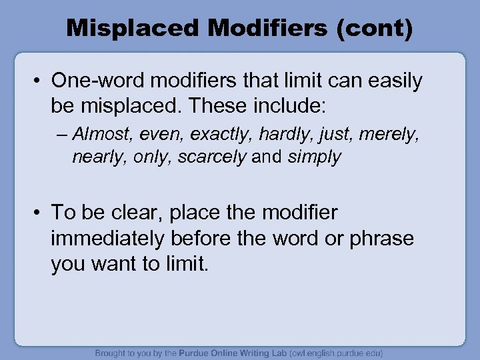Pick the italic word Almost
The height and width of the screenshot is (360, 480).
click(x=102, y=135)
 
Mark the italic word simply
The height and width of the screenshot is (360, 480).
click(x=315, y=157)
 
